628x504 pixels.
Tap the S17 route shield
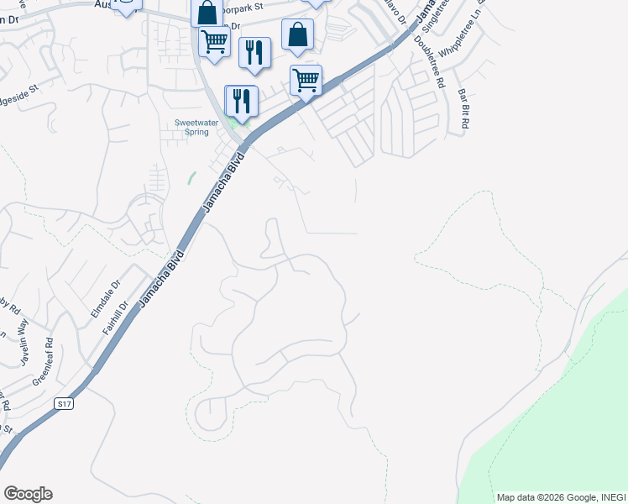tap(63, 404)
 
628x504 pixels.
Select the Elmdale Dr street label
tap(104, 298)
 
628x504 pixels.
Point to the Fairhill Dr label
tap(114, 318)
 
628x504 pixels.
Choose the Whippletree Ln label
tap(468, 34)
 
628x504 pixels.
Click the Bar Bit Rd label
tap(463, 108)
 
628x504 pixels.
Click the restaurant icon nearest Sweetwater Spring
tap(242, 100)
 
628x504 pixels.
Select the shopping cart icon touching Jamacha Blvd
tap(306, 80)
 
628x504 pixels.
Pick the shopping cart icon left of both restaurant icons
tap(214, 39)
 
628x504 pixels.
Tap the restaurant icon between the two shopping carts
tap(254, 51)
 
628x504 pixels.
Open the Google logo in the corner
tap(28, 493)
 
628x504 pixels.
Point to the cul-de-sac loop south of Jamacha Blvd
tap(210, 412)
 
